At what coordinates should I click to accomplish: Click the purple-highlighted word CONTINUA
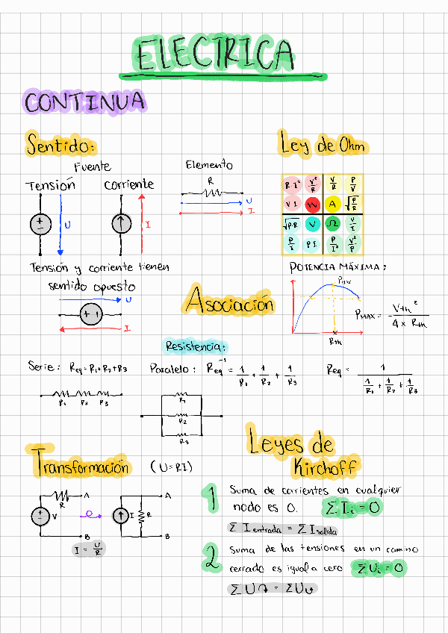pos(84,102)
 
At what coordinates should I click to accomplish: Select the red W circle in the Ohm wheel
pos(312,204)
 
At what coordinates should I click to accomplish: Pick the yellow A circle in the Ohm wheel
pos(333,204)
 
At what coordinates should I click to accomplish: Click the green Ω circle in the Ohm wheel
pos(333,224)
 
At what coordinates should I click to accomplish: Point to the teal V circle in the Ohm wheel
pos(312,224)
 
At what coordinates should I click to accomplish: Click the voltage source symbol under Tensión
pos(40,223)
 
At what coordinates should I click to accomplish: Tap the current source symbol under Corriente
pos(119,223)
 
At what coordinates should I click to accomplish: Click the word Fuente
pos(93,166)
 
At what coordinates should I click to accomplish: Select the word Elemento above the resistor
pos(209,165)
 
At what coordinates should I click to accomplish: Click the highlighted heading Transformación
pos(81,467)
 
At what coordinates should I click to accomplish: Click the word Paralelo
pos(172,368)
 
